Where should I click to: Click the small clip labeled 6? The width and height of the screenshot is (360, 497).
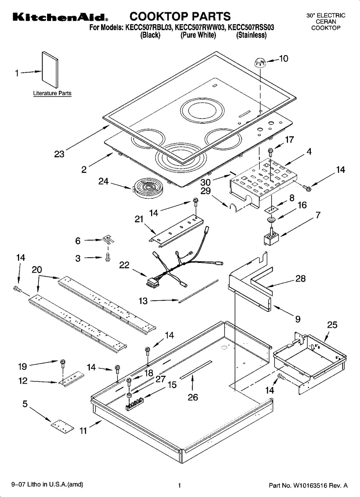[x=108, y=239]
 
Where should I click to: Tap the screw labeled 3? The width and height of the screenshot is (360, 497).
[x=108, y=257]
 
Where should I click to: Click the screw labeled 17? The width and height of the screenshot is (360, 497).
[x=270, y=152]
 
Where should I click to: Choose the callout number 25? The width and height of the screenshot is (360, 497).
[x=332, y=325]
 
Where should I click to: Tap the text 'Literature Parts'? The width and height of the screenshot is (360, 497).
[x=52, y=93]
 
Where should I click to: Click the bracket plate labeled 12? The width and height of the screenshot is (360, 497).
[x=71, y=378]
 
